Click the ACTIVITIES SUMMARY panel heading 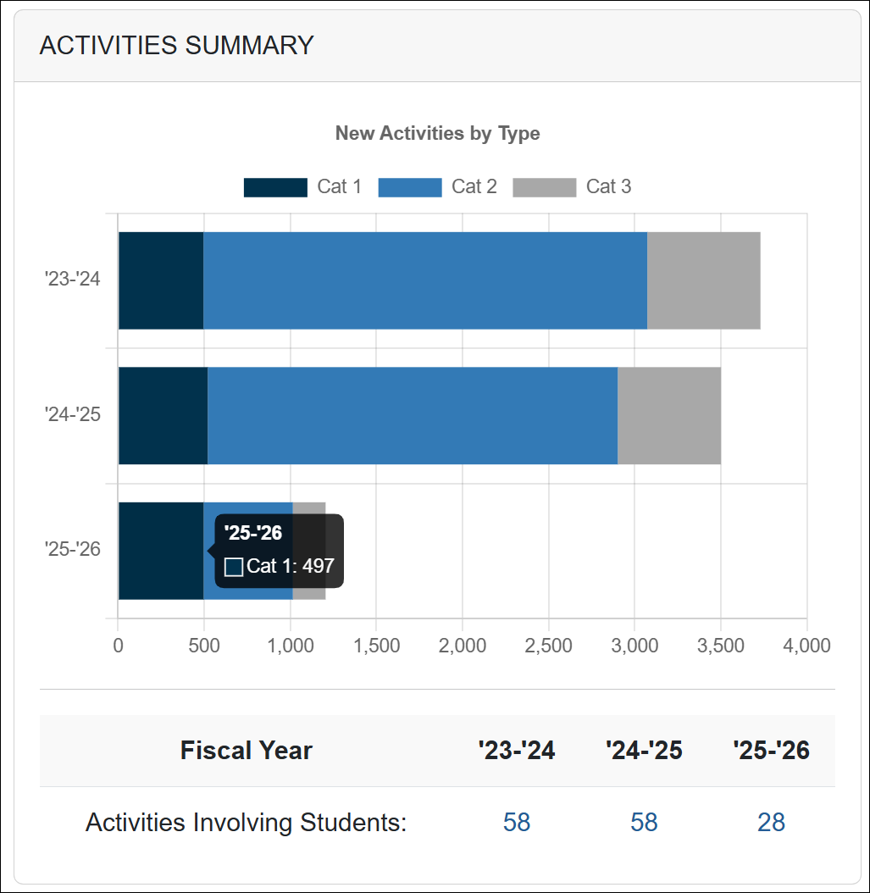[x=176, y=45]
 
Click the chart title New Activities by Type [x=437, y=133]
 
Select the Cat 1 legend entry [x=302, y=187]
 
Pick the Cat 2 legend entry [x=437, y=187]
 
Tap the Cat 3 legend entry [x=572, y=187]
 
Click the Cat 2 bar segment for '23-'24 [x=424, y=280]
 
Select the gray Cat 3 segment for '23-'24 [x=703, y=280]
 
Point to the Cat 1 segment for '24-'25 [x=163, y=416]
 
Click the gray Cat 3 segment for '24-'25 [x=668, y=416]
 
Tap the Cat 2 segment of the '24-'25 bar [x=412, y=416]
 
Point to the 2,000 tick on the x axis [x=463, y=646]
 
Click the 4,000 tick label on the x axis [x=806, y=646]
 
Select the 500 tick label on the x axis [x=203, y=646]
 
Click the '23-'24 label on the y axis [x=73, y=279]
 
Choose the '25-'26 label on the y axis [x=73, y=549]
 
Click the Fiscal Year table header [x=247, y=751]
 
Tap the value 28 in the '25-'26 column [x=771, y=823]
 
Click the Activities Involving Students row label [x=247, y=823]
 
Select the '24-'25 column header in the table [x=644, y=751]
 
